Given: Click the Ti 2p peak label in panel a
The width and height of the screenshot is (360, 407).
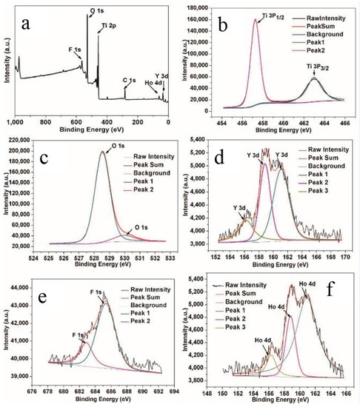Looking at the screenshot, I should tap(108, 26).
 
